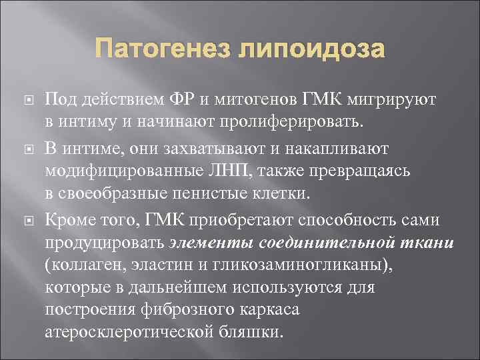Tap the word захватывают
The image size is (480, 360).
coord(211,147)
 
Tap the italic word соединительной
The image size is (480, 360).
coord(329,242)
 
